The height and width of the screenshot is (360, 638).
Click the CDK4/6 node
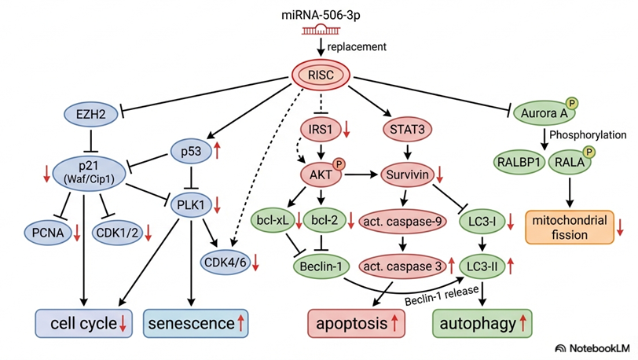(225, 262)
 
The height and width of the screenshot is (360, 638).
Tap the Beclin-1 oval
(321, 267)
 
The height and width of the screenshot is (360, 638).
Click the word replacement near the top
(357, 46)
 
